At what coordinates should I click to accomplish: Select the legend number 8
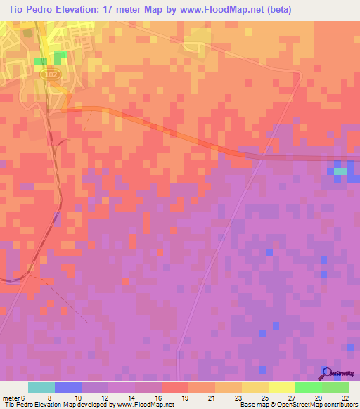[51, 397]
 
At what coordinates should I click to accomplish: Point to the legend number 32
[344, 397]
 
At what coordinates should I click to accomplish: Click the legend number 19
[184, 397]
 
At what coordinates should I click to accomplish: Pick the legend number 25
[264, 397]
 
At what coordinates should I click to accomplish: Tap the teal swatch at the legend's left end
[41, 387]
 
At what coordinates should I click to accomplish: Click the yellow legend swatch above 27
[282, 387]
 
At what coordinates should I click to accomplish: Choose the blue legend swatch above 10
[67, 387]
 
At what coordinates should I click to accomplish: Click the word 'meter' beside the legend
[10, 397]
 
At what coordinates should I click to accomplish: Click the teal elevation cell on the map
[340, 171]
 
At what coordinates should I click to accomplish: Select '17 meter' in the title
[134, 10]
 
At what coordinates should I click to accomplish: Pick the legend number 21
[210, 397]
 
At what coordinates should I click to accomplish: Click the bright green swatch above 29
[309, 387]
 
